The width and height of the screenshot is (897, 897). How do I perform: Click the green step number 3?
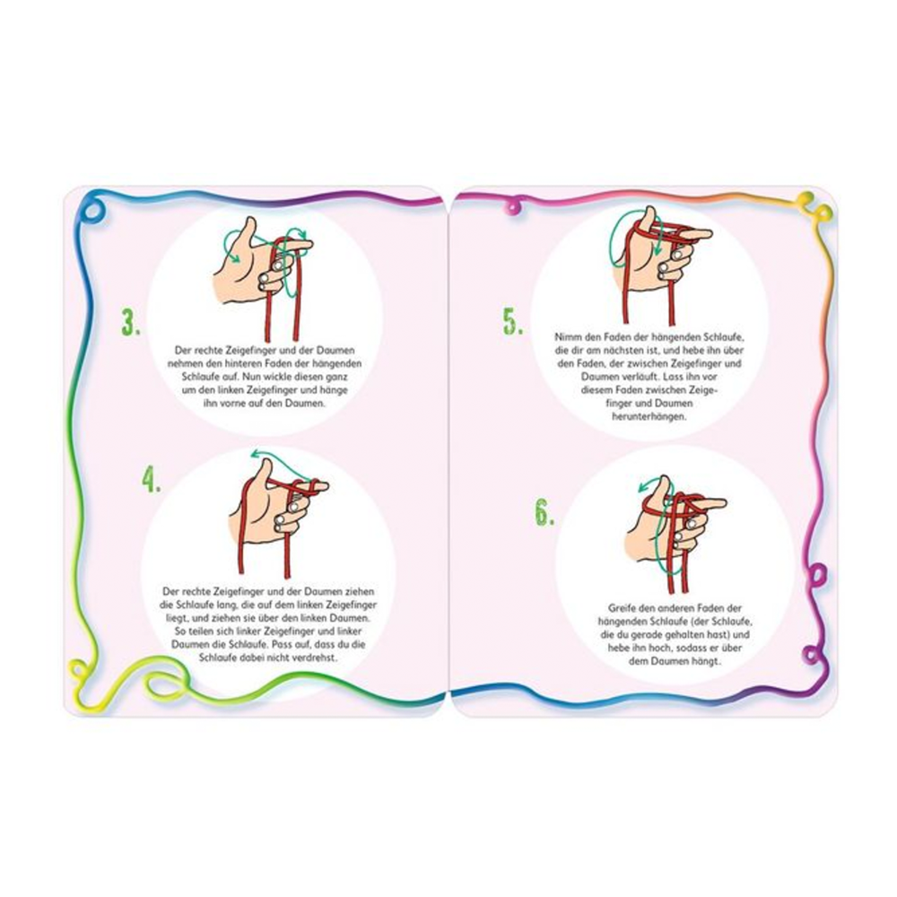click(131, 323)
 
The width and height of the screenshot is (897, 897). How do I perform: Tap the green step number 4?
click(152, 480)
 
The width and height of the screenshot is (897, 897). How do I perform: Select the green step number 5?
click(513, 322)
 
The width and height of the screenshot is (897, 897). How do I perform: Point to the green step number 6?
click(544, 512)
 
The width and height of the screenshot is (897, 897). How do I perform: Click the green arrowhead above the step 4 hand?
click(255, 455)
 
